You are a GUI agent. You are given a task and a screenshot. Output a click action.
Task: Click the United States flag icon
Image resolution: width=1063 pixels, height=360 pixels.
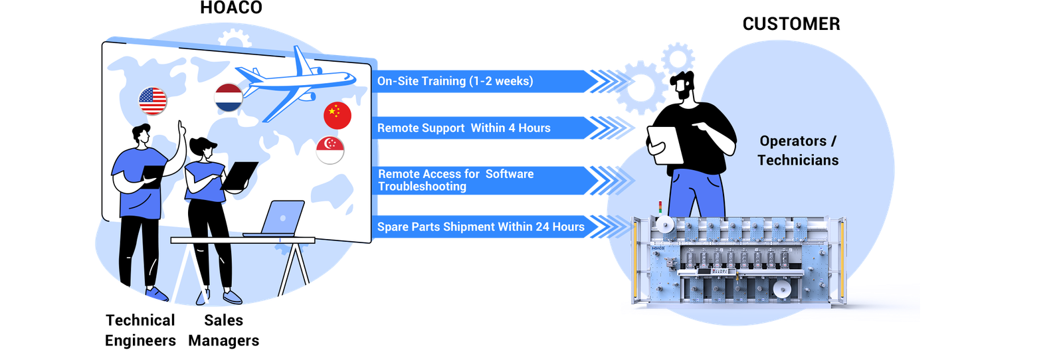pos(153,101)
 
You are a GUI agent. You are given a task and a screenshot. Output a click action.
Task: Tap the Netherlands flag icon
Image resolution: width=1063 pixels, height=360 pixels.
pos(229,97)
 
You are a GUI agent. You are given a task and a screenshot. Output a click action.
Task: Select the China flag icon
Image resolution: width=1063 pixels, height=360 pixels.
pos(338,116)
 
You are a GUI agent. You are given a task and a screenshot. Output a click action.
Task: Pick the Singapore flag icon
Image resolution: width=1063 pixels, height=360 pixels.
pos(330,149)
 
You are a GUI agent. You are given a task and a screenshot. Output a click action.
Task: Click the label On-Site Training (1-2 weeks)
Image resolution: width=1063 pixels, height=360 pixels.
pos(455,81)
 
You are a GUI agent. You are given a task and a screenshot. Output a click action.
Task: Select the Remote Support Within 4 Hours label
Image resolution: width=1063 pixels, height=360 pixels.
pos(464,128)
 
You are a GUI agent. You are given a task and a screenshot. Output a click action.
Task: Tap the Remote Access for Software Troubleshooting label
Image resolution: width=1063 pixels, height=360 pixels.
pos(456,180)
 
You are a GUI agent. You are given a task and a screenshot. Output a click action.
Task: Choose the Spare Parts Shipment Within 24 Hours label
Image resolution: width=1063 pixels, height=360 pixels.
pos(480,227)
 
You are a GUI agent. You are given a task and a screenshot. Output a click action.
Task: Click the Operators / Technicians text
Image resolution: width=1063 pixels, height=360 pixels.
pos(798,150)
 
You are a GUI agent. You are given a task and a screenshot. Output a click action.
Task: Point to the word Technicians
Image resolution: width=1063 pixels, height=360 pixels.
pos(798,160)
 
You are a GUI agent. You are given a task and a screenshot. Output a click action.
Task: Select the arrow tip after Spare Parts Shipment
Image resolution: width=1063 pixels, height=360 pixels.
pos(613,227)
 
